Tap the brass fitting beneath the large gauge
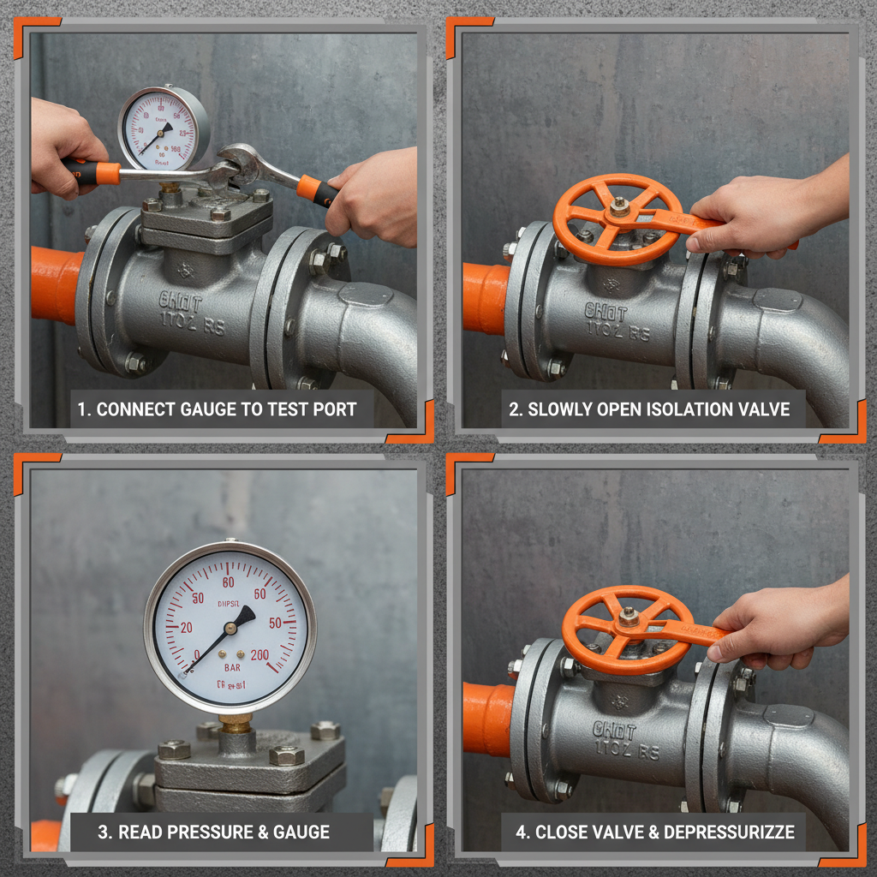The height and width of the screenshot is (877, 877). [235, 724]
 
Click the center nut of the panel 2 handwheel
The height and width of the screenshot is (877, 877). [619, 206]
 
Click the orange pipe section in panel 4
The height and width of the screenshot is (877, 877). [486, 719]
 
